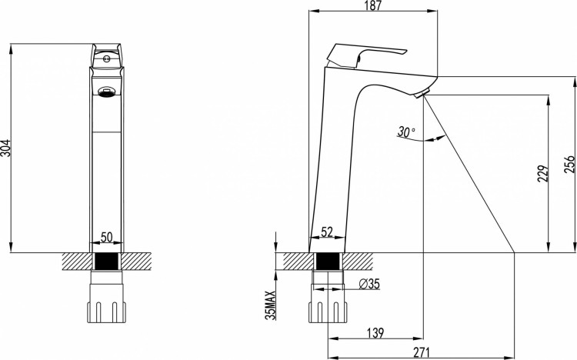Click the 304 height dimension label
6,148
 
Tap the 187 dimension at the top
373,6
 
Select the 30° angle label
406,132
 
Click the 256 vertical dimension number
569,164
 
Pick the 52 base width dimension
327,232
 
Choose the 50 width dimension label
106,238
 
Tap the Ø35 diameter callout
369,284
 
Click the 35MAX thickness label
271,305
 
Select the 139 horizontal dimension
375,333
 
